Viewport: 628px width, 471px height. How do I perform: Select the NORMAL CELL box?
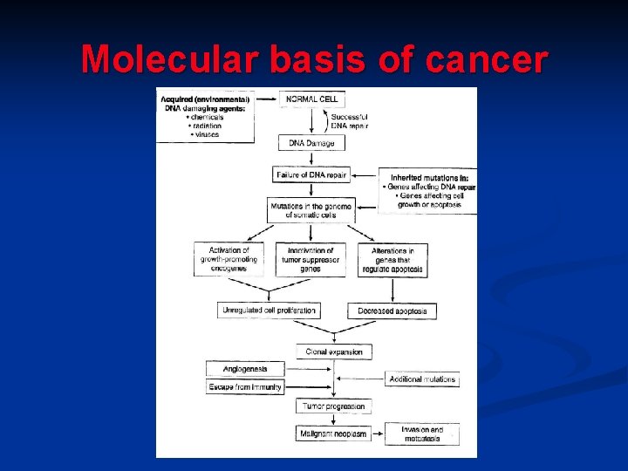pyautogui.click(x=311, y=99)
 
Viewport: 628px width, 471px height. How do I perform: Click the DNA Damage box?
pyautogui.click(x=311, y=142)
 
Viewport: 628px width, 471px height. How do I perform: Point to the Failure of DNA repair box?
pyautogui.click(x=311, y=174)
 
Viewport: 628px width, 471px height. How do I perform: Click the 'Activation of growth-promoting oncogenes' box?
pyautogui.click(x=229, y=259)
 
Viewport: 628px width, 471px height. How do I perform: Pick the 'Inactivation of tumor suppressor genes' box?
pyautogui.click(x=310, y=259)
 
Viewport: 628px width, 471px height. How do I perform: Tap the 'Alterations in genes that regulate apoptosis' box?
pyautogui.click(x=392, y=260)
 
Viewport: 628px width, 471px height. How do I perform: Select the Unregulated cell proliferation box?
pyautogui.click(x=269, y=310)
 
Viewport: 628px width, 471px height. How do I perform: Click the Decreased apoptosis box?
pyautogui.click(x=392, y=311)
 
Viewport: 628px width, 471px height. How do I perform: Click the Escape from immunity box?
pyautogui.click(x=245, y=386)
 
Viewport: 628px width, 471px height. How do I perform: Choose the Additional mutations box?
pyautogui.click(x=422, y=379)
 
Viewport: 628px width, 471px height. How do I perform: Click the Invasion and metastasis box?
pyautogui.click(x=422, y=433)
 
